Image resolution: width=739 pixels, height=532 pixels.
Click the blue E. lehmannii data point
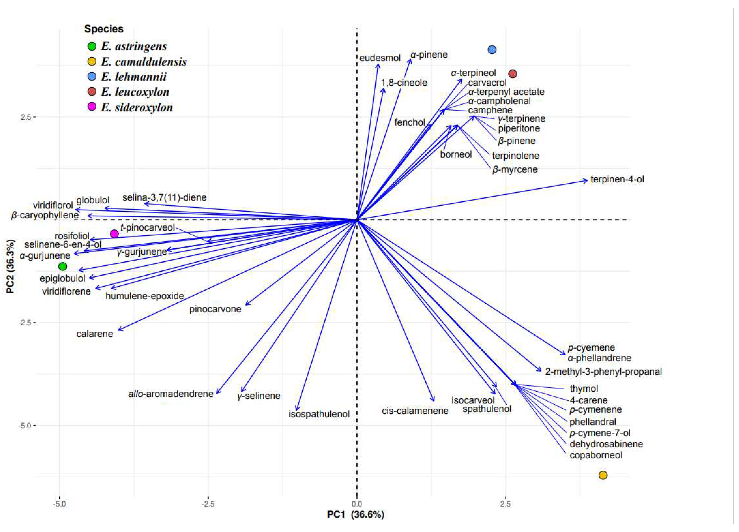pos(492,50)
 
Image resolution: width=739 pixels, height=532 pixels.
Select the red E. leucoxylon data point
pos(513,74)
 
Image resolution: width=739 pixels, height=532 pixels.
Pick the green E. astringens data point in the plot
pos(63,266)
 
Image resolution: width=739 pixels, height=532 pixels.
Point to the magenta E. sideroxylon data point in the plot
pos(114,234)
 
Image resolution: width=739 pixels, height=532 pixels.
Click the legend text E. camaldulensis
pos(144,62)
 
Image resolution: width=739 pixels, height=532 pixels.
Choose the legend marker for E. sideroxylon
pos(92,107)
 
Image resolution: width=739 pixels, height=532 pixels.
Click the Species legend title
pos(104,29)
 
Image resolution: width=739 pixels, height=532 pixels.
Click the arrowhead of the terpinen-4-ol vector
pos(587,180)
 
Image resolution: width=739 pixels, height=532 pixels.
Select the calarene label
pos(95,334)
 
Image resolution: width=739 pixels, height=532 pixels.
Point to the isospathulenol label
pos(319,414)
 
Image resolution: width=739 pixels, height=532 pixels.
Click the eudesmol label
pos(380,58)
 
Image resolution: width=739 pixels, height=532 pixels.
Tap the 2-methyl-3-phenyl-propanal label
pos(603,372)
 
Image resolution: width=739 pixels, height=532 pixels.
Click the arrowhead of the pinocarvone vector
pos(246,304)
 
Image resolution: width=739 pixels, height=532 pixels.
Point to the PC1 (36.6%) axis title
pos(355,514)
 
